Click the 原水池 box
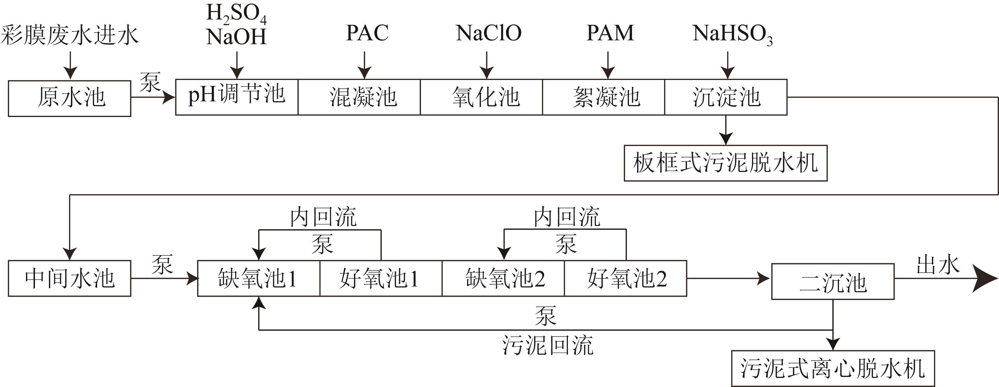(x=70, y=98)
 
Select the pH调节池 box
(x=237, y=97)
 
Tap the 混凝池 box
(x=359, y=97)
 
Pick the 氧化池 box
(x=481, y=97)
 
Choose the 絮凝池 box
(x=603, y=97)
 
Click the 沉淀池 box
(x=726, y=97)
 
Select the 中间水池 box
(x=70, y=278)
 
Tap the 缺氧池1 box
(x=259, y=278)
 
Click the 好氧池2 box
(x=625, y=278)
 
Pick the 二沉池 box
(x=833, y=282)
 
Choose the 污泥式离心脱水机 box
(x=833, y=368)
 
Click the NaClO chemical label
(x=488, y=33)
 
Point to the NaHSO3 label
(x=732, y=34)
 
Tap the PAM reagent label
(x=610, y=33)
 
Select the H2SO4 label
(x=236, y=14)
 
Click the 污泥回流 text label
(x=548, y=345)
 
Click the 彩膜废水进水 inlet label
(x=70, y=35)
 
